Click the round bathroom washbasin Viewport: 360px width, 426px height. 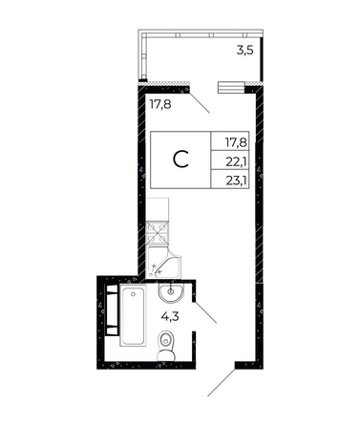click(x=174, y=290)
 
